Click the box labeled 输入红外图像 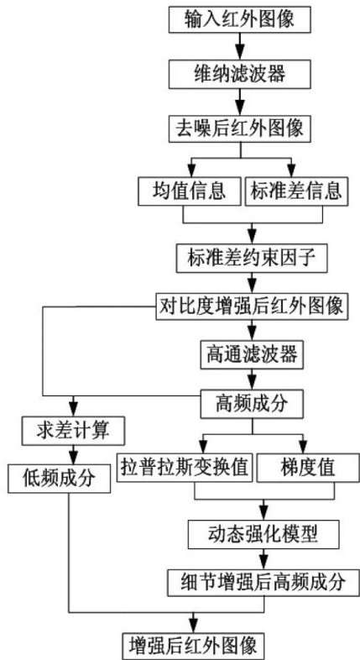[x=240, y=20]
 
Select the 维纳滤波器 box [x=240, y=74]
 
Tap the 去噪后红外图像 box [x=240, y=128]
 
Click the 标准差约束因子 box [x=252, y=257]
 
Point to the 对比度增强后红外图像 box [x=252, y=306]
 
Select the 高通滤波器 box [x=252, y=354]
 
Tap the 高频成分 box [x=252, y=404]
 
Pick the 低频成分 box [x=58, y=479]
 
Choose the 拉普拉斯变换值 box [x=185, y=468]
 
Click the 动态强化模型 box [x=263, y=534]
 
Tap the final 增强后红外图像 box [x=194, y=644]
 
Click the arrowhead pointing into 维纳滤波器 [x=240, y=55]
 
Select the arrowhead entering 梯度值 [x=302, y=448]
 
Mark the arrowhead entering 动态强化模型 [x=263, y=515]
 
